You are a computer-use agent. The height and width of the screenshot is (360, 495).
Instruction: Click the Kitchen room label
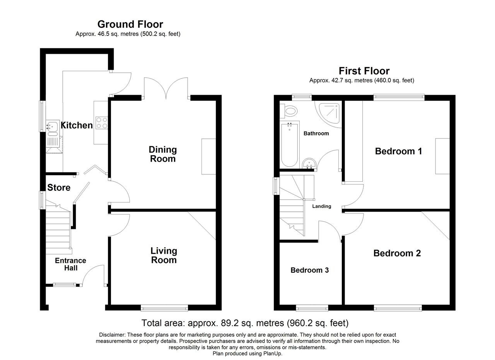(x=77, y=125)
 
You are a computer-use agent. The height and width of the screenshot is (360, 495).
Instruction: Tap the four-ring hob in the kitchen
(x=102, y=123)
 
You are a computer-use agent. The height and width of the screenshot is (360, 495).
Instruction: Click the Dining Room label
(x=163, y=154)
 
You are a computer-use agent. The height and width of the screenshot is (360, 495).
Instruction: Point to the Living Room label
(x=164, y=256)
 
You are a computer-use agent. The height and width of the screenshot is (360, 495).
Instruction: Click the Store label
(x=59, y=188)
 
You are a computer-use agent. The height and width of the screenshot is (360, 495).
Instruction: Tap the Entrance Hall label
(x=70, y=264)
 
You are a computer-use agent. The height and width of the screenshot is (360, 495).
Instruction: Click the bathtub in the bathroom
(x=290, y=145)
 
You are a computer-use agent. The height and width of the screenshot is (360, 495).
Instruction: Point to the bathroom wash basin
(x=309, y=164)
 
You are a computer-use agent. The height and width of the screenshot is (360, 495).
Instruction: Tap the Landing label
(x=321, y=206)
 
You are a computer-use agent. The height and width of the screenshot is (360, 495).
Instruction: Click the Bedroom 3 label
(x=310, y=270)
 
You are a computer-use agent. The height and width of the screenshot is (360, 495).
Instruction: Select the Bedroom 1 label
(x=398, y=151)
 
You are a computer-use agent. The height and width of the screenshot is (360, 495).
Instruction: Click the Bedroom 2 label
(x=397, y=253)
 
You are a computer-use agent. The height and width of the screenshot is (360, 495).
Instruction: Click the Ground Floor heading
(x=130, y=24)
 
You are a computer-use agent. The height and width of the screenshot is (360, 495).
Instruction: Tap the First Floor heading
(x=364, y=71)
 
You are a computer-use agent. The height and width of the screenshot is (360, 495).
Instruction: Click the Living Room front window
(x=164, y=308)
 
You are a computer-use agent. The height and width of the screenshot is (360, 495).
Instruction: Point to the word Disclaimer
(x=112, y=335)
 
